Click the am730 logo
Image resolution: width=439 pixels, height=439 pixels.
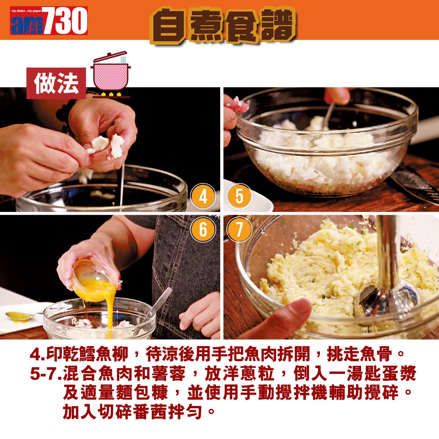point(49,20)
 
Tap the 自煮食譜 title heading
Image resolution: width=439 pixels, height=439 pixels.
point(223,25)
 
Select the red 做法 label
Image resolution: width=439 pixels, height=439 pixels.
point(56,83)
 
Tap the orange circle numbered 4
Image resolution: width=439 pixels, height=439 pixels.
point(203,196)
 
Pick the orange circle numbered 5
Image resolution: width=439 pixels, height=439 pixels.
point(239,196)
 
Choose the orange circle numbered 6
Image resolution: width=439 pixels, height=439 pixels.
point(203,230)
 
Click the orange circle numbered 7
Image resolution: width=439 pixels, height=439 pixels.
point(239,230)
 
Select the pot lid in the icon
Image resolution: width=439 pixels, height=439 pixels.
point(111,57)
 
